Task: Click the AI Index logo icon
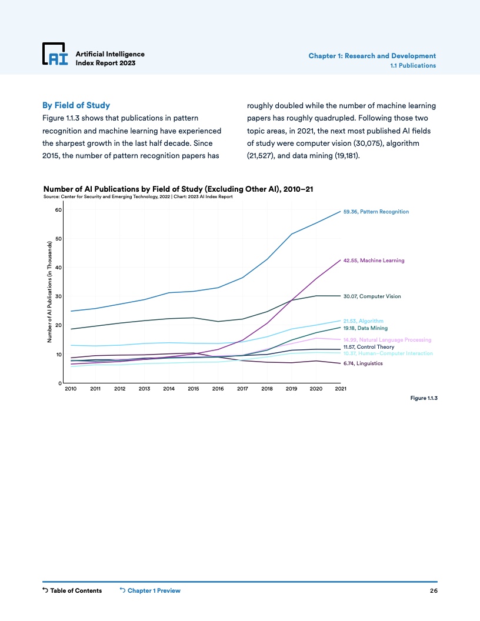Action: [55, 54]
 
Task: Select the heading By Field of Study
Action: [76, 105]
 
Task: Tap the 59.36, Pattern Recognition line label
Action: [375, 212]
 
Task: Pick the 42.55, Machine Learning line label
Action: [374, 260]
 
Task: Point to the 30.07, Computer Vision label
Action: [372, 296]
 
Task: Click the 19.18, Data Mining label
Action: [365, 328]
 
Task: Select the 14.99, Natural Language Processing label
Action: [387, 340]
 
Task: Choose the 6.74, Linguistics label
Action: [363, 363]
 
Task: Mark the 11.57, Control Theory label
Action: [368, 348]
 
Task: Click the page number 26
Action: [434, 590]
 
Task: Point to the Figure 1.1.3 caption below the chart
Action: [424, 398]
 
